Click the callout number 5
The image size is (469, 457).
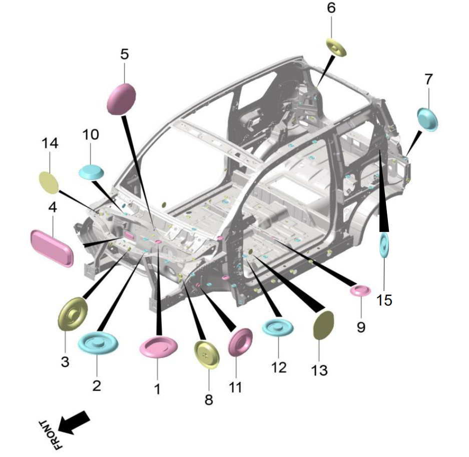(x=125, y=54)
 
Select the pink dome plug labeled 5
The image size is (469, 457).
(x=122, y=99)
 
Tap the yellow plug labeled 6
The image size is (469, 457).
(x=336, y=47)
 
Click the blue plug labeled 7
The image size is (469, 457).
(x=427, y=119)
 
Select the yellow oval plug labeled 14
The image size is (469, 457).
(x=49, y=182)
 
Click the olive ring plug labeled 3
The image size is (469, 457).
(x=73, y=313)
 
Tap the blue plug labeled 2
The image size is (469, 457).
(x=98, y=342)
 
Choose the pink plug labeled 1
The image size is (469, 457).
(x=159, y=346)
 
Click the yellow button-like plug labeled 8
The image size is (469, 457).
(x=207, y=354)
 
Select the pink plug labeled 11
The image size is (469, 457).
(x=240, y=342)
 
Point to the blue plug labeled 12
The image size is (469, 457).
(x=278, y=327)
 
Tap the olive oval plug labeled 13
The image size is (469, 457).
(x=323, y=325)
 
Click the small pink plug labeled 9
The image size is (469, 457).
(x=360, y=290)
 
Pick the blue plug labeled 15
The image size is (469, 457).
(x=384, y=245)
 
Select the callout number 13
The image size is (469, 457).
(x=319, y=370)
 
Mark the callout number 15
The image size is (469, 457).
(x=384, y=300)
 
